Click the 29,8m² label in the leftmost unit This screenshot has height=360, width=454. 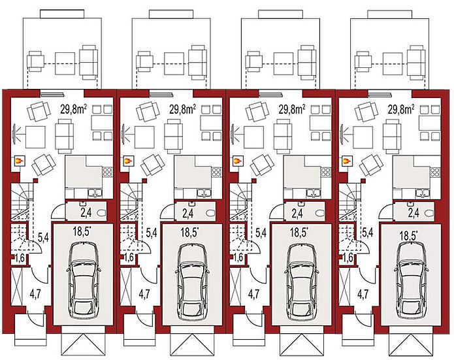(73, 109)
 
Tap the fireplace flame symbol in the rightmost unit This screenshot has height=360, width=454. (346, 160)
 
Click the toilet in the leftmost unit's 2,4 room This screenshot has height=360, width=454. (102, 214)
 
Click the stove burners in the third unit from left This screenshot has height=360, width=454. (325, 172)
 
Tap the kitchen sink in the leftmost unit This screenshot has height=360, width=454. (95, 192)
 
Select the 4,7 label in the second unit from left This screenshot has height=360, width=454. (144, 294)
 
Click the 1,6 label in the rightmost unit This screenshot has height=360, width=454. (348, 257)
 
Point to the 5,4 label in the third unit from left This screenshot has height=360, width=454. (261, 233)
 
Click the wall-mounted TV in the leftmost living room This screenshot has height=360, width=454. (14, 134)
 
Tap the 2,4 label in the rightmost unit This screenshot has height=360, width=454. (413, 213)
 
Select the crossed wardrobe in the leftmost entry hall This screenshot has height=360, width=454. (17, 286)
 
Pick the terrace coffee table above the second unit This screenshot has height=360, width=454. (174, 63)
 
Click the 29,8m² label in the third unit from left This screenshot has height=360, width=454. (291, 109)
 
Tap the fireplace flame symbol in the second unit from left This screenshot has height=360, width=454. (127, 160)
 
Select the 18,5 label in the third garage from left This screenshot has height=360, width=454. (299, 233)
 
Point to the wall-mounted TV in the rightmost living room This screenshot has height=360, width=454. (342, 134)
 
